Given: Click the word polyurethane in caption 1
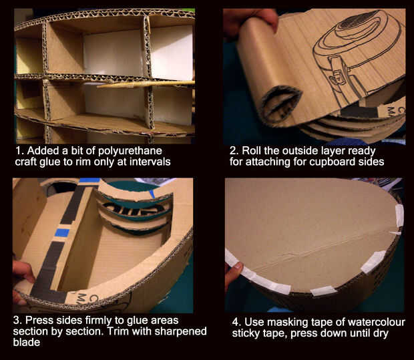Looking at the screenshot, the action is (130, 152).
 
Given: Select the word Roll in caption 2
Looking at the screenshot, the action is (252, 150).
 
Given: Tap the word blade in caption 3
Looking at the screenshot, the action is (27, 343).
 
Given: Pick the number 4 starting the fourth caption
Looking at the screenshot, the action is (235, 323).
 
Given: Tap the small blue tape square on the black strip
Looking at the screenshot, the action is (62, 233).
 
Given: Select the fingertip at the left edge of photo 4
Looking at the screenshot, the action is (234, 275).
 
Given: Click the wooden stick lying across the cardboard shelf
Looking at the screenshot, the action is (146, 84).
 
